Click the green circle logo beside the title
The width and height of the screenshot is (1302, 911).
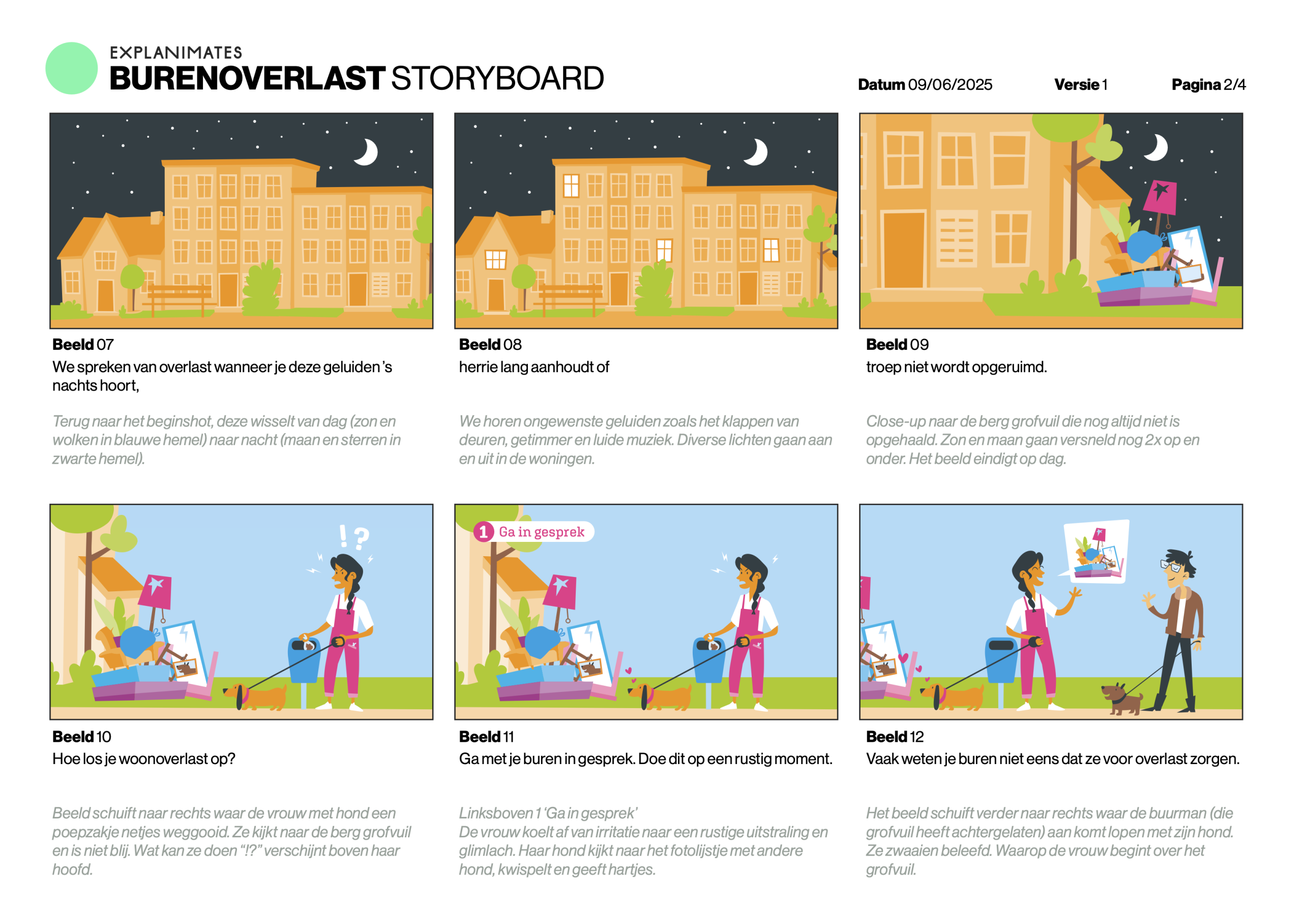tap(71, 68)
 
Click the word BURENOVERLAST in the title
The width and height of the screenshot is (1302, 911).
tap(247, 78)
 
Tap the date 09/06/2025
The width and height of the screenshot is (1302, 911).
tap(950, 84)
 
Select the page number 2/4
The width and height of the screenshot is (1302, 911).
tap(1234, 84)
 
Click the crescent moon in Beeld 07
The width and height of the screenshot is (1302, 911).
tap(367, 152)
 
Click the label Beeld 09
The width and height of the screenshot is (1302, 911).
tap(897, 344)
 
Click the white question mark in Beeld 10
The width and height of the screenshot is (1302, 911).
tap(361, 538)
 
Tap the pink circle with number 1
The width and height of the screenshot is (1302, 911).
tap(483, 532)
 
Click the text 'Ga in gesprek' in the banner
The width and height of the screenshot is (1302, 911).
tap(542, 532)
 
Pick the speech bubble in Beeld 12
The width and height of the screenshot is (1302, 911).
tap(1096, 552)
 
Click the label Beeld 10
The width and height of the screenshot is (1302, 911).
tap(82, 737)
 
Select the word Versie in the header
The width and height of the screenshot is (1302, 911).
tap(1076, 84)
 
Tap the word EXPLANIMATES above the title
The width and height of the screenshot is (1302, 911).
tap(176, 53)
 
